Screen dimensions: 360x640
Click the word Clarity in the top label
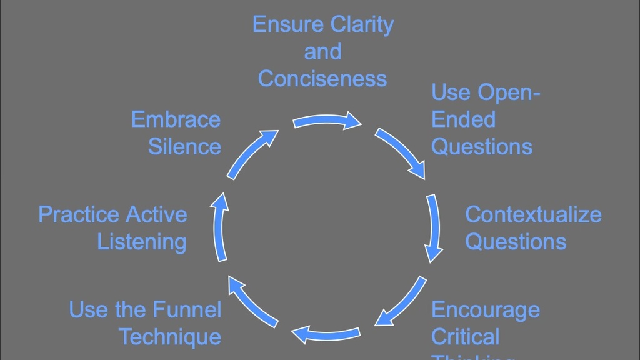pos(362,25)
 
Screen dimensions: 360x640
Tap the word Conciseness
pos(322,79)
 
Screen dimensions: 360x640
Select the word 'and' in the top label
pos(322,52)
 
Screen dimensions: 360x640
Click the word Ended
pos(463,119)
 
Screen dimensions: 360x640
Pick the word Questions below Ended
pos(482,147)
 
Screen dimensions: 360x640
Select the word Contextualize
pos(533,214)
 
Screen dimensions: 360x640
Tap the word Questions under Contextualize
pos(516,242)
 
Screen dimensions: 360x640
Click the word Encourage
pos(486,310)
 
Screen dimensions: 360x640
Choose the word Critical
pos(466,337)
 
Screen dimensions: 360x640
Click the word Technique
pos(170,337)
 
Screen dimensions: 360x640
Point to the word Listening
pos(142,242)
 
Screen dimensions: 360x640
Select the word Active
pos(159,214)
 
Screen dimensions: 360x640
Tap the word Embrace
pos(176,119)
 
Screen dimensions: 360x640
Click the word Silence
pos(184,147)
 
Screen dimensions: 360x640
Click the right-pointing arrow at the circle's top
pos(327,121)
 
